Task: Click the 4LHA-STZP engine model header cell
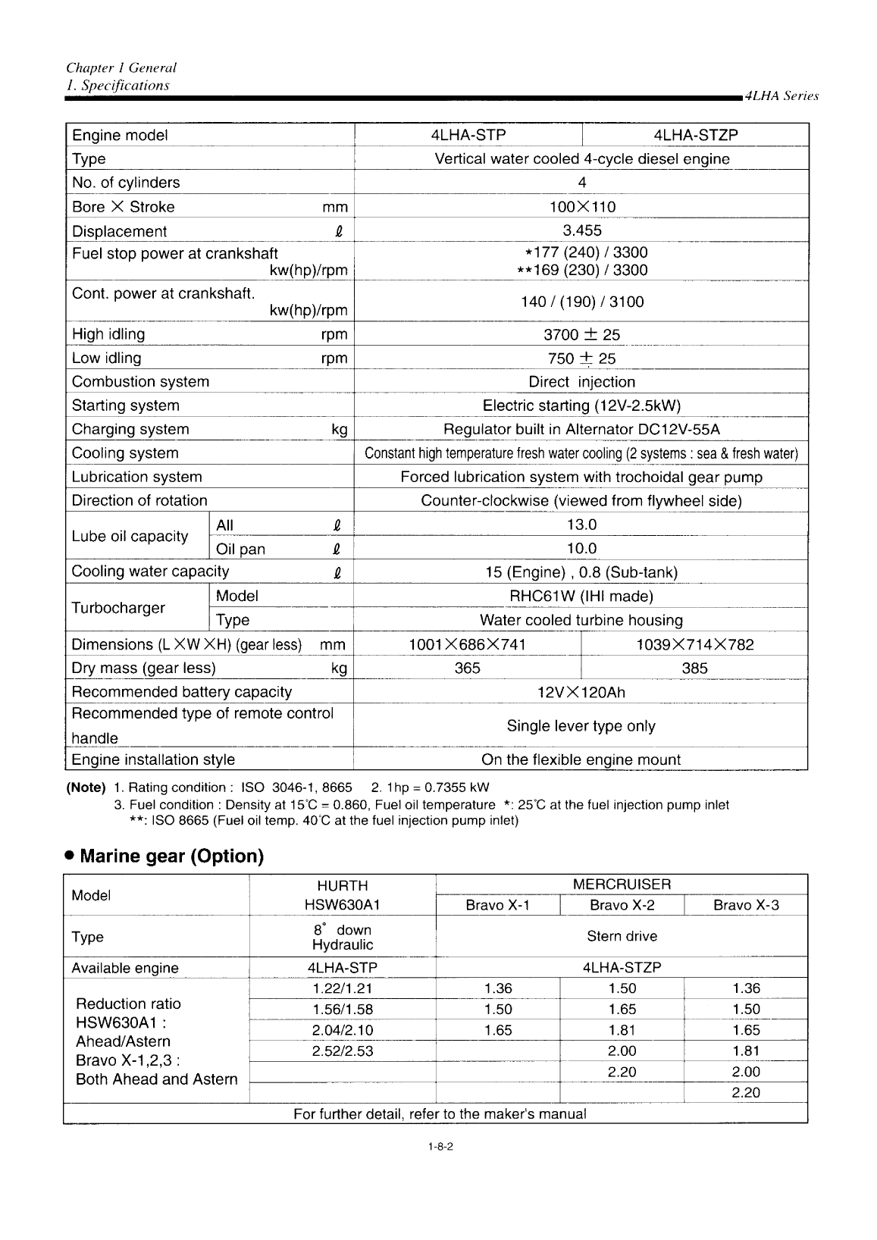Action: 695,135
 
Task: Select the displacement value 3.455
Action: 581,230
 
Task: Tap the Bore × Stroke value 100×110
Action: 581,207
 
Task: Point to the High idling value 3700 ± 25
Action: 581,334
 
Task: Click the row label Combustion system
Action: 140,382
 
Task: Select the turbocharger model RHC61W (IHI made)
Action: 581,596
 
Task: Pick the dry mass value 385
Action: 694,668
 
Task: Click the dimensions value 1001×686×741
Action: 467,644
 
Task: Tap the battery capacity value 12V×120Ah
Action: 581,692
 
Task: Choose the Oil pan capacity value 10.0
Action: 581,548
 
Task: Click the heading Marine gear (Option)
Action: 171,856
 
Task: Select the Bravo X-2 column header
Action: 622,905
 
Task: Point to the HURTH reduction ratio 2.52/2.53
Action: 343,1051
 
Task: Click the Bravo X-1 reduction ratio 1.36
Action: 498,988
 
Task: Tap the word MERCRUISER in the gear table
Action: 622,885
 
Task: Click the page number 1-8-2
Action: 440,1147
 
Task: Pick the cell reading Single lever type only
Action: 581,726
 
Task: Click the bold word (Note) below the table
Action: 86,788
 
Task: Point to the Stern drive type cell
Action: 622,936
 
